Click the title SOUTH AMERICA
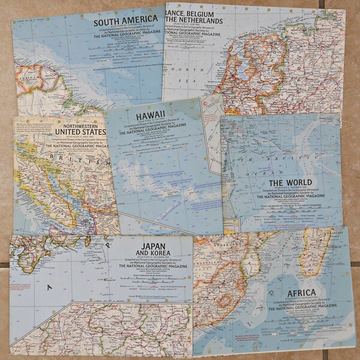point(125,20)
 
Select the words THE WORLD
point(290,184)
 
